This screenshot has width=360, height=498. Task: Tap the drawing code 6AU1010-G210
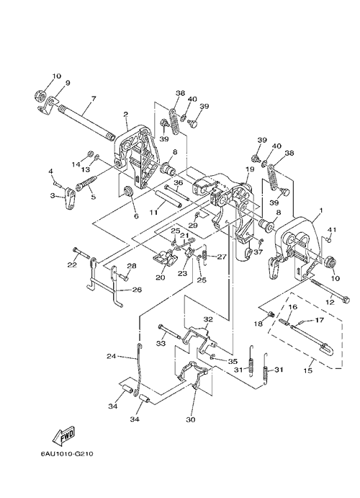pos(67,453)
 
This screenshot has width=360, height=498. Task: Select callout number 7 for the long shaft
pos(93,99)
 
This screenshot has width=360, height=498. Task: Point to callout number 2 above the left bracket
pos(125,115)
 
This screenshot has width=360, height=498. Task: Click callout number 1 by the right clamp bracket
pos(321,210)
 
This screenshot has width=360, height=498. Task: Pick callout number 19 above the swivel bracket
pos(250,169)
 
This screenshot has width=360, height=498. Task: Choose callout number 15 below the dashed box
pos(307,370)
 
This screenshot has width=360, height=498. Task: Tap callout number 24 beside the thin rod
pos(112,356)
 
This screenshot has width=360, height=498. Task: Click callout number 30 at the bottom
pos(191,419)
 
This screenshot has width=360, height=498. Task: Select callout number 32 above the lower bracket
pos(208,319)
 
